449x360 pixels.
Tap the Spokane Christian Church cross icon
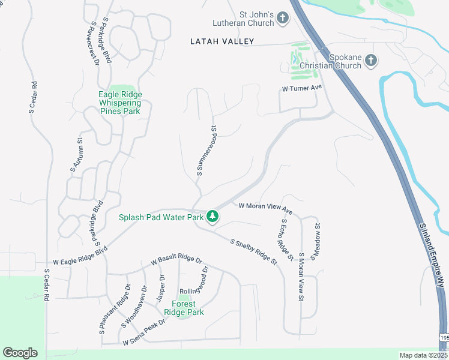(371, 60)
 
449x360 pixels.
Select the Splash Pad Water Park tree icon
(212, 216)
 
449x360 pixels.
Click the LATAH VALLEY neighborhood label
(222, 41)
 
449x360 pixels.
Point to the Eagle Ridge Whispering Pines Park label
(119, 103)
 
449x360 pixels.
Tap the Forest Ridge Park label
(184, 308)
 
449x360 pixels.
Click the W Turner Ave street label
(303, 88)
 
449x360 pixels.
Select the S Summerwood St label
(206, 151)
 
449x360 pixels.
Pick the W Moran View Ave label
(265, 208)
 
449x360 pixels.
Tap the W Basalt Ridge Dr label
(177, 261)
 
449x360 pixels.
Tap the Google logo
(20, 353)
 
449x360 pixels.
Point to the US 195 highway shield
(444, 339)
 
